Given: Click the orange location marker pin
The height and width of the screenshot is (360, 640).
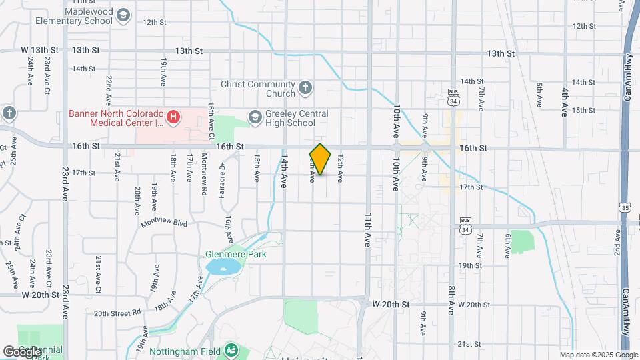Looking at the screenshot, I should [x=320, y=159].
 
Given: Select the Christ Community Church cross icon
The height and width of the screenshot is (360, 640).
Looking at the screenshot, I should [x=305, y=87].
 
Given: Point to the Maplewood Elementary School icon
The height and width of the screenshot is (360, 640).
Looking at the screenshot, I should [x=122, y=15].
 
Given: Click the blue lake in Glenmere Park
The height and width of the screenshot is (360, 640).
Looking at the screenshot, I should [x=223, y=268].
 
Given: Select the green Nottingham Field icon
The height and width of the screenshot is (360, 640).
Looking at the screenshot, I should [x=231, y=349].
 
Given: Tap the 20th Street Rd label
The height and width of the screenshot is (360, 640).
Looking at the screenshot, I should [x=117, y=312].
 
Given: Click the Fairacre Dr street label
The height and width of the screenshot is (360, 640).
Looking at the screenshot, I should [x=222, y=181].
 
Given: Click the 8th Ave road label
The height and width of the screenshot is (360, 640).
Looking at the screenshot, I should [x=451, y=299].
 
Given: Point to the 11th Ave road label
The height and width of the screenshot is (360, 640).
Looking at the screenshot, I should [x=367, y=230].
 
